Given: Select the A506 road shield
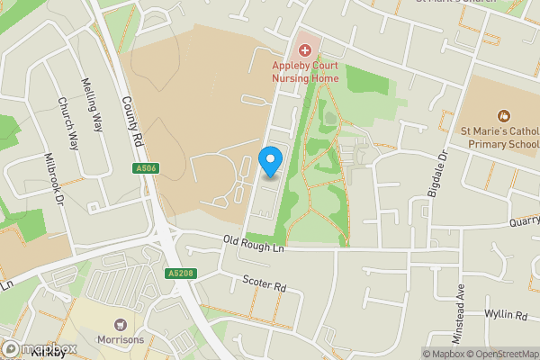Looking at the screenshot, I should coord(146,168).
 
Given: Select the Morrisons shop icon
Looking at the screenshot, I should coord(120,324).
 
